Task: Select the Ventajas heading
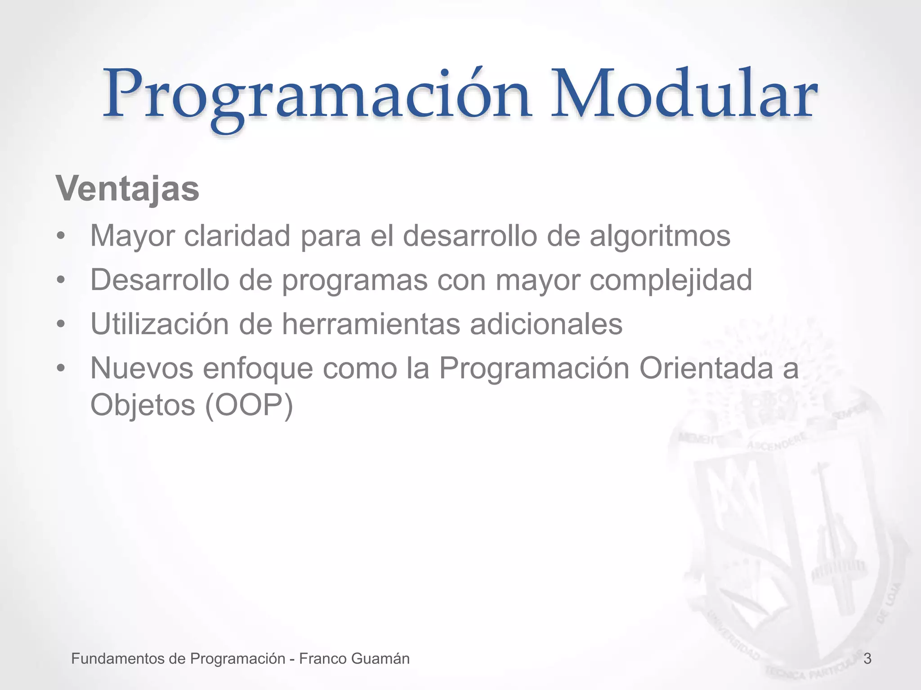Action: (128, 189)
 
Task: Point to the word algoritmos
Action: (660, 237)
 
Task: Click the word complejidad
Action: (671, 280)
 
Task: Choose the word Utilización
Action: (160, 324)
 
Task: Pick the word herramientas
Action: (371, 324)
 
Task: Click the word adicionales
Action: (546, 324)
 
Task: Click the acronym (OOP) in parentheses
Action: (249, 406)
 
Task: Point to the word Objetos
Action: (143, 406)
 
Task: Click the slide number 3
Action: (867, 659)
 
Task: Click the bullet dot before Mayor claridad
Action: (61, 237)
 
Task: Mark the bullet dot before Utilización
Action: (61, 324)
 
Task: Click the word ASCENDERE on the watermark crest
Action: (777, 440)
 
